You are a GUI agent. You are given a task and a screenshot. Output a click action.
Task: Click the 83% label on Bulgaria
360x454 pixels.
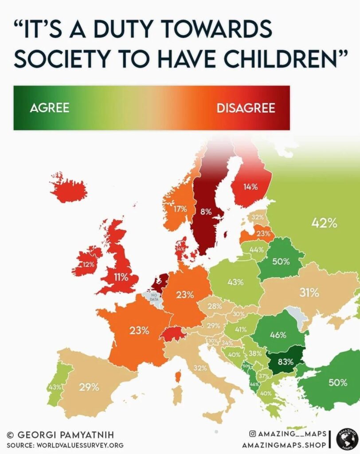pos(286,361)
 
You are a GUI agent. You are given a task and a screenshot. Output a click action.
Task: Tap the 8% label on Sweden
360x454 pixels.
pos(205,211)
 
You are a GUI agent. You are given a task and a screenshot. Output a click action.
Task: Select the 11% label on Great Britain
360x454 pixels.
pos(120,278)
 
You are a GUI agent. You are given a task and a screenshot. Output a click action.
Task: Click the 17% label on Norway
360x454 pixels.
pos(180,209)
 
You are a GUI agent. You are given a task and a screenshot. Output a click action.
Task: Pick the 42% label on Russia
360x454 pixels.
pos(324,223)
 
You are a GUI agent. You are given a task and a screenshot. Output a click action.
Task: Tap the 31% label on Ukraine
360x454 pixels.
pos(309,293)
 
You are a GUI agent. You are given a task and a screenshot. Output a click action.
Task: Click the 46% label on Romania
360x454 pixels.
pos(278,335)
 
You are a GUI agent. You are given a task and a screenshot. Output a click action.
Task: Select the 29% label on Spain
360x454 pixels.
pos(89,387)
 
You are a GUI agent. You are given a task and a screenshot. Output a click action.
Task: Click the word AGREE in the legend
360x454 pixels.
pos(50,108)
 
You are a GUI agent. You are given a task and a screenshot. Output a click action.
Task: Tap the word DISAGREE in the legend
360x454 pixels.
pos(246,108)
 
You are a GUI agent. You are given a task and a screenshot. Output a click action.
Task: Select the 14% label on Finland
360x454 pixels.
pos(250,187)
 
